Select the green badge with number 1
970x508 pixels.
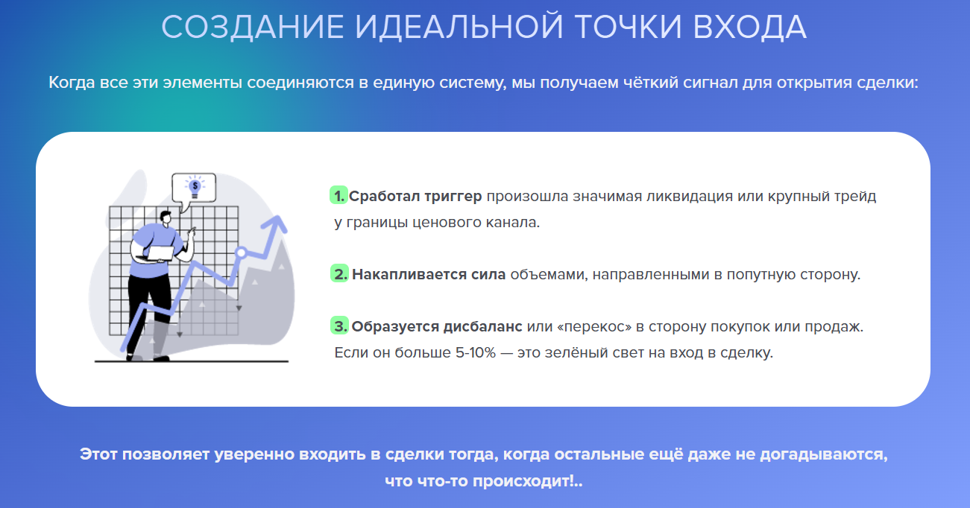coord(338,196)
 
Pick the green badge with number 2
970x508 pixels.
coord(339,274)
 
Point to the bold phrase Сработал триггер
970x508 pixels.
coord(415,197)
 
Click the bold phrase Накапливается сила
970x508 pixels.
coord(429,274)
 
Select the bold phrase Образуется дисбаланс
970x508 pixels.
coord(438,326)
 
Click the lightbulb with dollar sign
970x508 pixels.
coord(195,186)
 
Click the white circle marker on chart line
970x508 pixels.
coord(241,253)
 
